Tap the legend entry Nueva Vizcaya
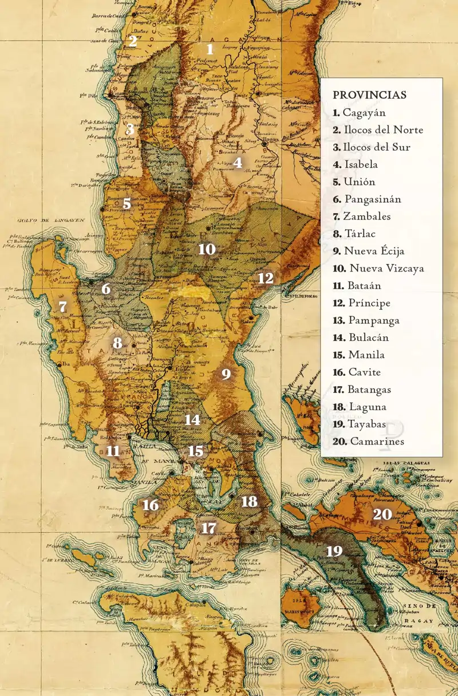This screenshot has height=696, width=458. tap(378, 268)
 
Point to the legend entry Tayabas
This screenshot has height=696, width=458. tap(359, 424)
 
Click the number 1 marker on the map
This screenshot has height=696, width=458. tap(210, 49)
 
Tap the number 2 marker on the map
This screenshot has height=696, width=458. tap(133, 41)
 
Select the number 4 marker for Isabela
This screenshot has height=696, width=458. tap(238, 163)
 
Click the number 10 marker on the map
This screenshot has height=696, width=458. tap(207, 249)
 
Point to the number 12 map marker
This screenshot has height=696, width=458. tap(266, 278)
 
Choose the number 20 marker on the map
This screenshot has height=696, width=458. tap(382, 514)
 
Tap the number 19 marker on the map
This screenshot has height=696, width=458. tap(334, 551)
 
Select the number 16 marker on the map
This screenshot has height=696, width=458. tap(151, 505)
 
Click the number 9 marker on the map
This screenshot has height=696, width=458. tap(226, 375)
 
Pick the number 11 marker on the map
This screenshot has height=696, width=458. tap(113, 451)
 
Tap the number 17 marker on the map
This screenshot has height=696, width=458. tap(209, 528)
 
